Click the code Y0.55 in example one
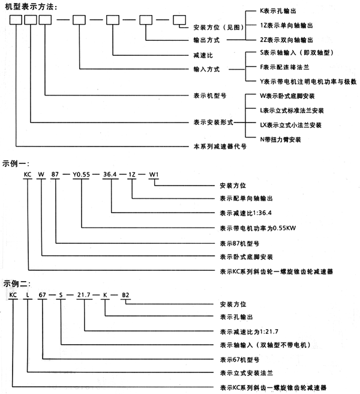(x=83, y=174)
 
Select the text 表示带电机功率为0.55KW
(x=254, y=228)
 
